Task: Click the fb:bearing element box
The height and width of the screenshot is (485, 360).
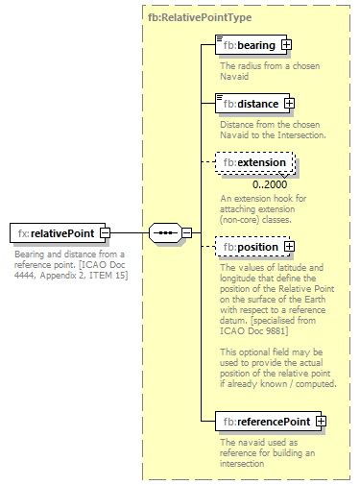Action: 247,45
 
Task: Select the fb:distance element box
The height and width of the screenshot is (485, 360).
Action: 249,104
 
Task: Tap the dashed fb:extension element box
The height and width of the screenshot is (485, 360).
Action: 253,163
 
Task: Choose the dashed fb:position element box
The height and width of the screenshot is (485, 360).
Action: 249,247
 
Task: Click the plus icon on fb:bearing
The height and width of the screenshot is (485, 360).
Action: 286,45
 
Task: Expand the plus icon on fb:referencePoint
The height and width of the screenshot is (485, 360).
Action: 321,421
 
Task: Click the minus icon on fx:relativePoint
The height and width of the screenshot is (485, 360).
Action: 105,233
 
